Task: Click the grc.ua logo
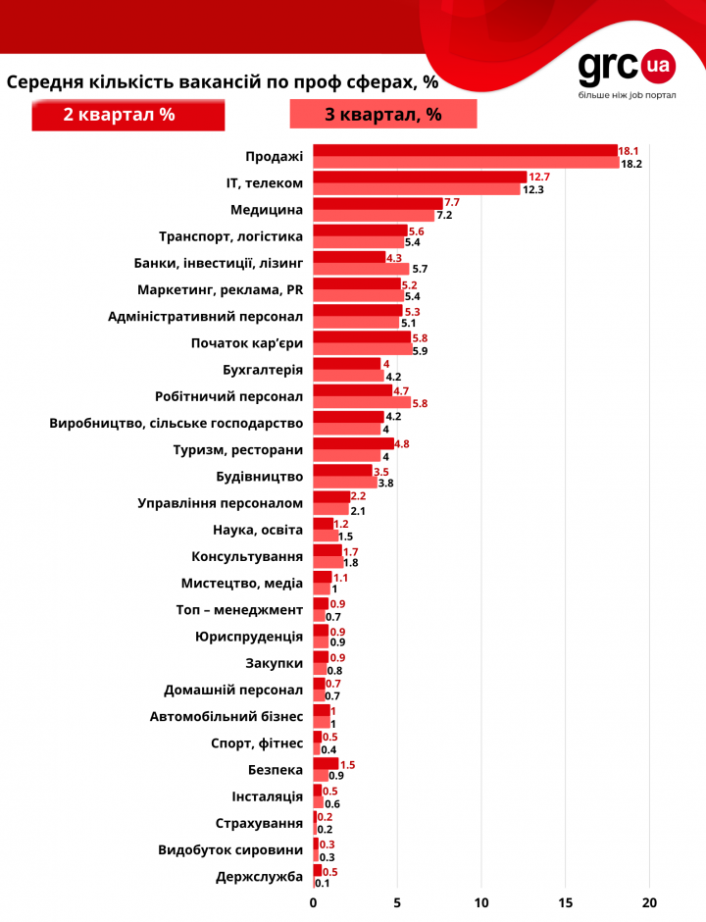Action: pyautogui.click(x=626, y=68)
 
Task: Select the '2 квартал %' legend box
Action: pyautogui.click(x=128, y=115)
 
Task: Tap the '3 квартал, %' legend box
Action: pyautogui.click(x=382, y=115)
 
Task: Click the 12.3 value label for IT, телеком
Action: pyautogui.click(x=532, y=189)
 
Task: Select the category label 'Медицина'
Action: pyautogui.click(x=267, y=209)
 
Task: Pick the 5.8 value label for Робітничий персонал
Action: pyautogui.click(x=420, y=403)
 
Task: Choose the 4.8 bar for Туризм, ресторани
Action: pyautogui.click(x=354, y=443)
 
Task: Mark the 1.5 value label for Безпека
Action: pyautogui.click(x=348, y=763)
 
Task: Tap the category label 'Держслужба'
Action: pyautogui.click(x=259, y=876)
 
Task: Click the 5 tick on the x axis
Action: pyautogui.click(x=397, y=902)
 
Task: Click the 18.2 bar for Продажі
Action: pyautogui.click(x=466, y=164)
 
